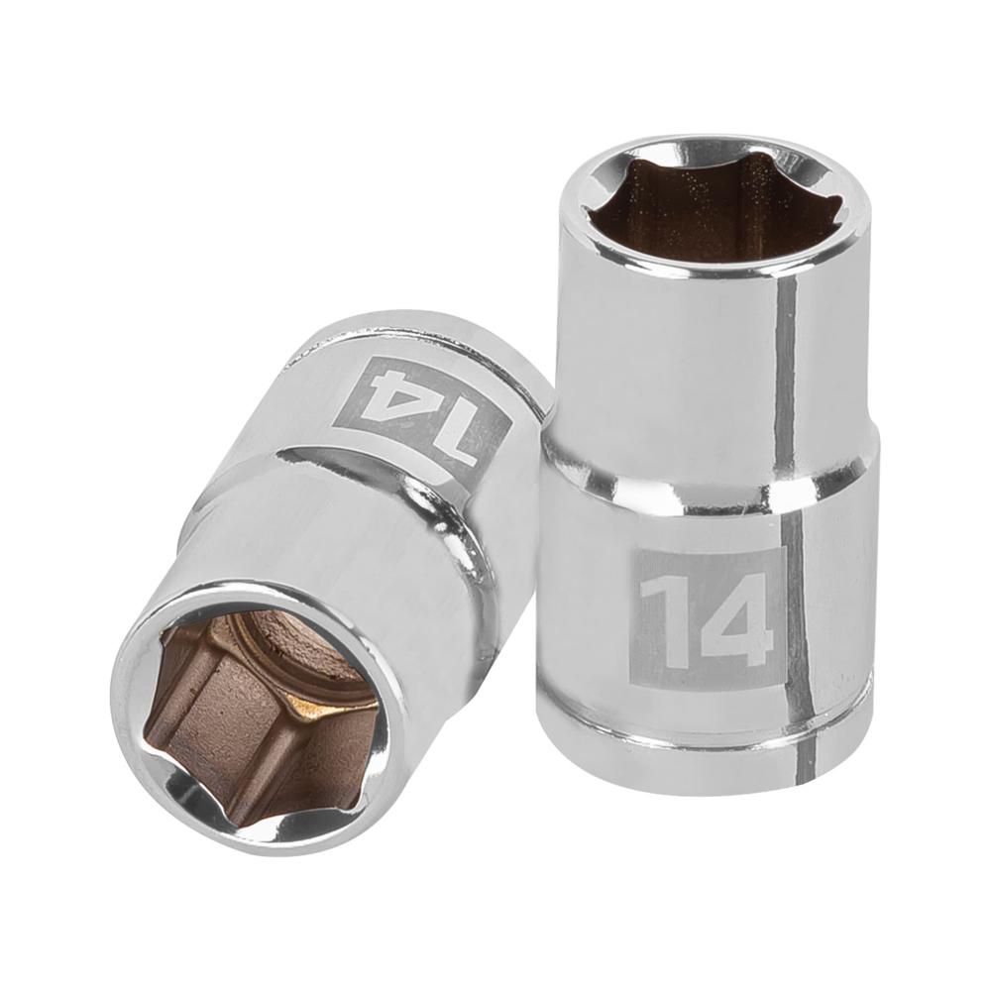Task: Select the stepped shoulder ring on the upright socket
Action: pyautogui.click(x=709, y=486)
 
